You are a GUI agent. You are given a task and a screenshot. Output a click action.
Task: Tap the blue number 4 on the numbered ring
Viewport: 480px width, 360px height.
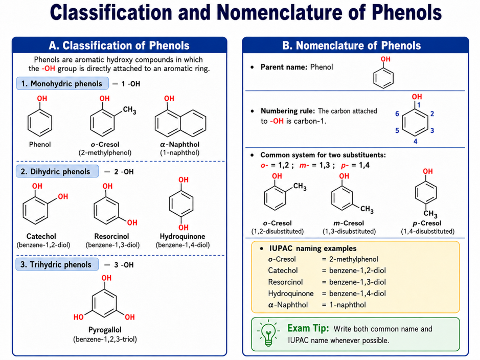416,142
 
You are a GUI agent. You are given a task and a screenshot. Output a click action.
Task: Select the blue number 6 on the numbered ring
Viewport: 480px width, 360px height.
397,114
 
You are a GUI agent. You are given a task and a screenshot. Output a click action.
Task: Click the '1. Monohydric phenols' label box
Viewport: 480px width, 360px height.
62,83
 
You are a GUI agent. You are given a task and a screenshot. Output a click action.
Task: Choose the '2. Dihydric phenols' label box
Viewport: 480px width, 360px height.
57,171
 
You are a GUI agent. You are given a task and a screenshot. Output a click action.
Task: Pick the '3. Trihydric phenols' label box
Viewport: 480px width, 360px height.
57,264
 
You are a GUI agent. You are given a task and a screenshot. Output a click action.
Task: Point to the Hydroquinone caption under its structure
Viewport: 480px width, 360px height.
182,236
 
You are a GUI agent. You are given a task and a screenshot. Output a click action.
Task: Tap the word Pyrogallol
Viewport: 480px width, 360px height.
105,330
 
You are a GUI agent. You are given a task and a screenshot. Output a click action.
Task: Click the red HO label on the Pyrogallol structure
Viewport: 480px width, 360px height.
78,317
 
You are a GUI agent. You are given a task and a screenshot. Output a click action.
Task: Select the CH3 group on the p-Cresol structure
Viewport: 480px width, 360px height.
430,213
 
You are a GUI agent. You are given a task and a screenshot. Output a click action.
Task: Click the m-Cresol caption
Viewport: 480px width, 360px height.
349,223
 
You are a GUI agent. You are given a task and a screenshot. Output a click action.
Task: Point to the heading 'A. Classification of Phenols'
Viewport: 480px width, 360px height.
119,46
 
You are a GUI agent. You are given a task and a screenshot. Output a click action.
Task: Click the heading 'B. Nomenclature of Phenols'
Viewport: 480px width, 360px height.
351,46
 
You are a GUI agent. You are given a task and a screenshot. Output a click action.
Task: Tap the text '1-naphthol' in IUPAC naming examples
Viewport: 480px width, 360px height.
348,305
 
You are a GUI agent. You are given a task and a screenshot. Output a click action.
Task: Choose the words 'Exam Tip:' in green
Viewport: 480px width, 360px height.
308,328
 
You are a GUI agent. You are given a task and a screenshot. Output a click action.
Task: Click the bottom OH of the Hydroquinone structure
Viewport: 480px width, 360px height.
184,228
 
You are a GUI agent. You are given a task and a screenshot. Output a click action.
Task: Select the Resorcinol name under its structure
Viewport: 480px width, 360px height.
112,236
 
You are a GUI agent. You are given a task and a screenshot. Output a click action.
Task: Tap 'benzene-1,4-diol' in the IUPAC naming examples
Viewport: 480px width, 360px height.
357,294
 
